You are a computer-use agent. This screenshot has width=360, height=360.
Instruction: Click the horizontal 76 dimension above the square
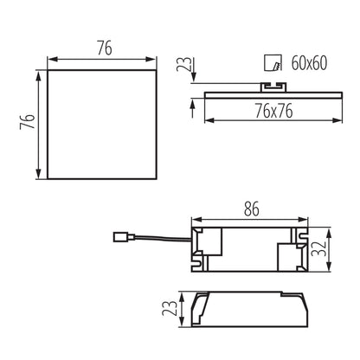(x=105, y=48)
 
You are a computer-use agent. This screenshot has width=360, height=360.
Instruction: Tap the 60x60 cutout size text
(x=309, y=63)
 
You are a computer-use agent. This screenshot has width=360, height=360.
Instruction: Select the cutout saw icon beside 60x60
(x=273, y=62)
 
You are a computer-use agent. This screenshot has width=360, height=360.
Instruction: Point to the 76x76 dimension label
(x=273, y=111)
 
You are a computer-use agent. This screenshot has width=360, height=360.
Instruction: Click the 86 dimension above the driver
(x=251, y=209)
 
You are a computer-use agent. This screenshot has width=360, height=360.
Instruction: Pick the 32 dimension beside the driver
(x=318, y=249)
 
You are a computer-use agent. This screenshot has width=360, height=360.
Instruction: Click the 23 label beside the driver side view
(x=170, y=308)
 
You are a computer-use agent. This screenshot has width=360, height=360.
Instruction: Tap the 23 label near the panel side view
(x=183, y=64)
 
